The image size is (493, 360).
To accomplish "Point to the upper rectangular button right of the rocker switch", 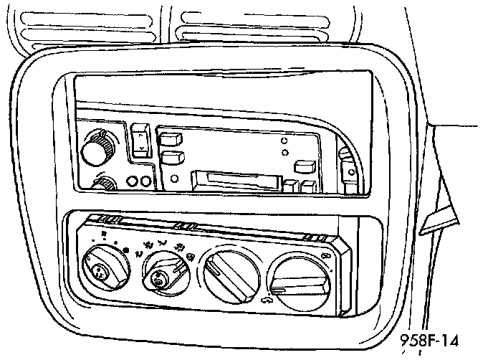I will point(169,138).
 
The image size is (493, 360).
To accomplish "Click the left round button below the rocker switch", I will point(132,181).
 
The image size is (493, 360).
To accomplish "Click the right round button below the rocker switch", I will point(145,181).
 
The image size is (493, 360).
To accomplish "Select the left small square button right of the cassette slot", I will point(289,187).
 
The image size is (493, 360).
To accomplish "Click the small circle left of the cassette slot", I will point(175,178).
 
